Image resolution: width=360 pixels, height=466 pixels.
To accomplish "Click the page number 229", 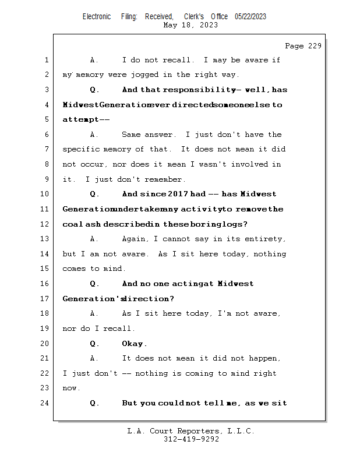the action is [315, 46].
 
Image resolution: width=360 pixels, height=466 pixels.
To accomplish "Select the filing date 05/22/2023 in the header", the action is [250, 16].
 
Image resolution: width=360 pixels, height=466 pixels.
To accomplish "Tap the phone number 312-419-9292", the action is [191, 439].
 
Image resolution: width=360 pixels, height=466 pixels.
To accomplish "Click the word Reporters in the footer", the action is [199, 431].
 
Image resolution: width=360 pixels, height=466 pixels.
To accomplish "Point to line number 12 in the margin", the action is [45, 224].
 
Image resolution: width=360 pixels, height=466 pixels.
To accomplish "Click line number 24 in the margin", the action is [45, 403].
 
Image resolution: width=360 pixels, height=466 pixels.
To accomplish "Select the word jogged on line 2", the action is [145, 75].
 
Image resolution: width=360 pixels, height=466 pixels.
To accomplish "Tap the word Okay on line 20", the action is [132, 344].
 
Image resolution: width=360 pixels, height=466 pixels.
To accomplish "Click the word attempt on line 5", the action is [80, 119].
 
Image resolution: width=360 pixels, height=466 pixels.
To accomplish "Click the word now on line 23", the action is [69, 389].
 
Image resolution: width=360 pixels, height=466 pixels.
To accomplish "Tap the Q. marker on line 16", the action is [94, 284].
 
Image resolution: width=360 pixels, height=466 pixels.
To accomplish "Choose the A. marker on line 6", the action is [94, 135].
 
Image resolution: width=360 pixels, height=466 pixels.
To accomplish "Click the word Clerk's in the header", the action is [194, 16].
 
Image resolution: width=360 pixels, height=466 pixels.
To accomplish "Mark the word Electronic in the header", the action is [97, 16].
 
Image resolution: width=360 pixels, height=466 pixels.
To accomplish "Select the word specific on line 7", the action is [81, 149].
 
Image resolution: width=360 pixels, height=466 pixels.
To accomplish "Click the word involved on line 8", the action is [250, 164].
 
